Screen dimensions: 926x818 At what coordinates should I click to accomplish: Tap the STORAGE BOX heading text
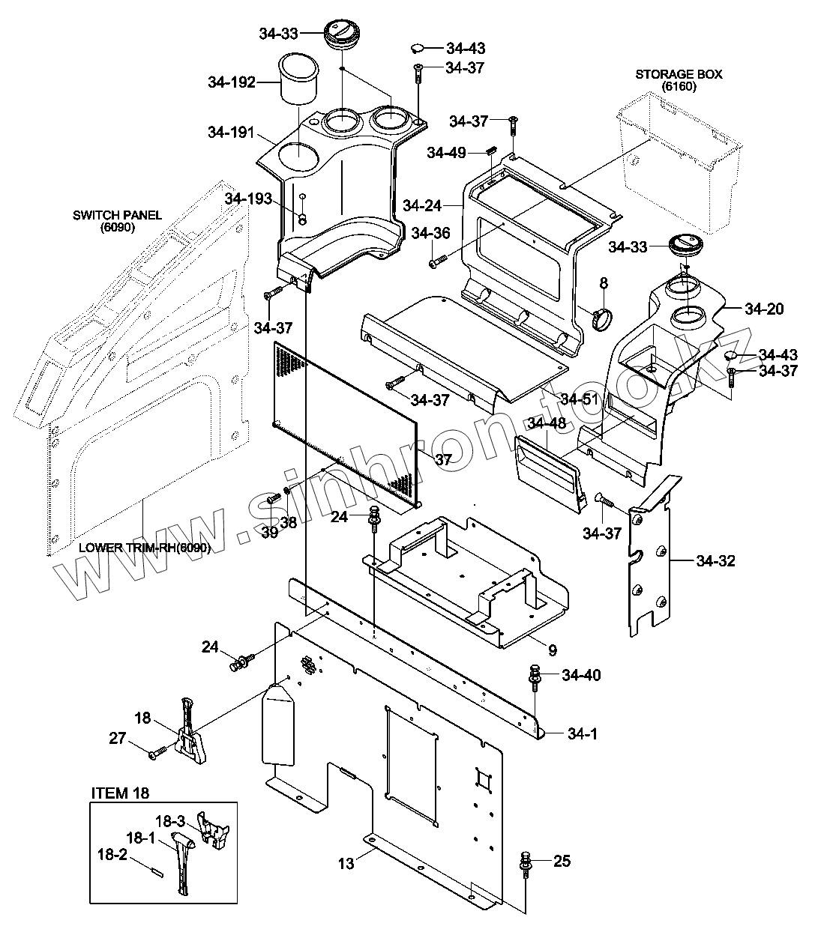tap(679, 74)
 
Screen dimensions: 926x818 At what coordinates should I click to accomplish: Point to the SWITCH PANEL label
tap(117, 215)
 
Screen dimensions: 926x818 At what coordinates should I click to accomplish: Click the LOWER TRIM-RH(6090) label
tap(145, 547)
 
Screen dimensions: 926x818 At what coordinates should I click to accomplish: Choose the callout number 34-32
tap(716, 560)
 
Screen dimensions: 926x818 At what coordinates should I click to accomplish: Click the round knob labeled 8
tap(601, 318)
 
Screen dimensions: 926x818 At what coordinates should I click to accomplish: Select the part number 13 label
tap(346, 864)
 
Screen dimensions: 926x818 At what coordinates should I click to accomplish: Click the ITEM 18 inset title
tap(120, 793)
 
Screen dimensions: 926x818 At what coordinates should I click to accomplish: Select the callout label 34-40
tap(580, 676)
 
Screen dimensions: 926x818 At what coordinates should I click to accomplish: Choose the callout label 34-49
tap(447, 153)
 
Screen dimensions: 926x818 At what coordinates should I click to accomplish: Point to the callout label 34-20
tap(765, 308)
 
